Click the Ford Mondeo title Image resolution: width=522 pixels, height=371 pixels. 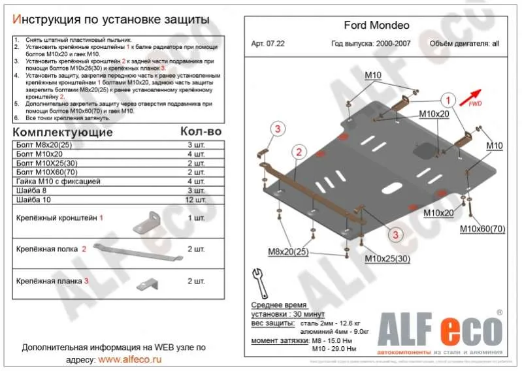376,26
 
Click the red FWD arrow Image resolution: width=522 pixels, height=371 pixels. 471,97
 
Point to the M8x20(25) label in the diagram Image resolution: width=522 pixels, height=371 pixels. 288,251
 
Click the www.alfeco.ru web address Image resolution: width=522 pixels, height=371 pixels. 129,359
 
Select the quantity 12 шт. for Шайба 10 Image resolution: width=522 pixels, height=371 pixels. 195,199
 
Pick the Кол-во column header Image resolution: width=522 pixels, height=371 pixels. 200,131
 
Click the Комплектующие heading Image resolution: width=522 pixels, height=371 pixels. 63,132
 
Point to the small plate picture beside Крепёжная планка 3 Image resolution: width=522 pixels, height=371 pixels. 150,283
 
